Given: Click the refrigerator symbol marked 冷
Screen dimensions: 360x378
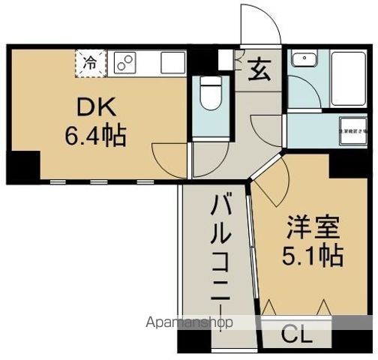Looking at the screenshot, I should [x=89, y=62].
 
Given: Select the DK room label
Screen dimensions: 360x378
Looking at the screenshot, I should [x=94, y=108].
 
